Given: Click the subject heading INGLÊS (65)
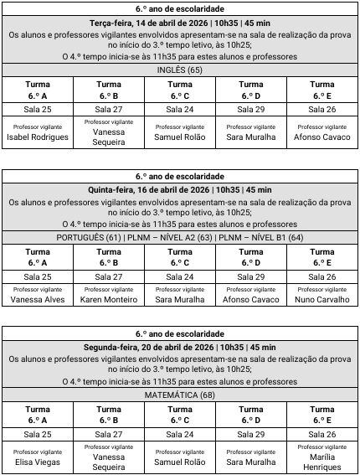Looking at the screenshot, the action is click(179, 70).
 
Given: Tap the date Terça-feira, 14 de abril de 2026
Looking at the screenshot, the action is click(149, 23).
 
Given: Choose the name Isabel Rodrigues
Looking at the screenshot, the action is click(38, 137).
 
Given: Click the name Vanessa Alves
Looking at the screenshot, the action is click(38, 299).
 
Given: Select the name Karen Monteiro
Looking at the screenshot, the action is click(109, 299).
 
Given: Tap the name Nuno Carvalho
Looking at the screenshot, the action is click(321, 299).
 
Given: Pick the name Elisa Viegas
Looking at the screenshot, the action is click(38, 461).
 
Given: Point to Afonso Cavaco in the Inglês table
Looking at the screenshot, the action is click(321, 137).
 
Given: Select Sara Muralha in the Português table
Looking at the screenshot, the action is click(179, 299).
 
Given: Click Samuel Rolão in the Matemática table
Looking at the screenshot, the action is click(179, 461).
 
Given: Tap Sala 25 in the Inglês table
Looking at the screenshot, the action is click(38, 109).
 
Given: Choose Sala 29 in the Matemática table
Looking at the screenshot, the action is click(250, 434).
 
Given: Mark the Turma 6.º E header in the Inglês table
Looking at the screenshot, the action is click(321, 90).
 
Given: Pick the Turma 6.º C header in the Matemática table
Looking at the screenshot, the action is click(179, 414).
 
